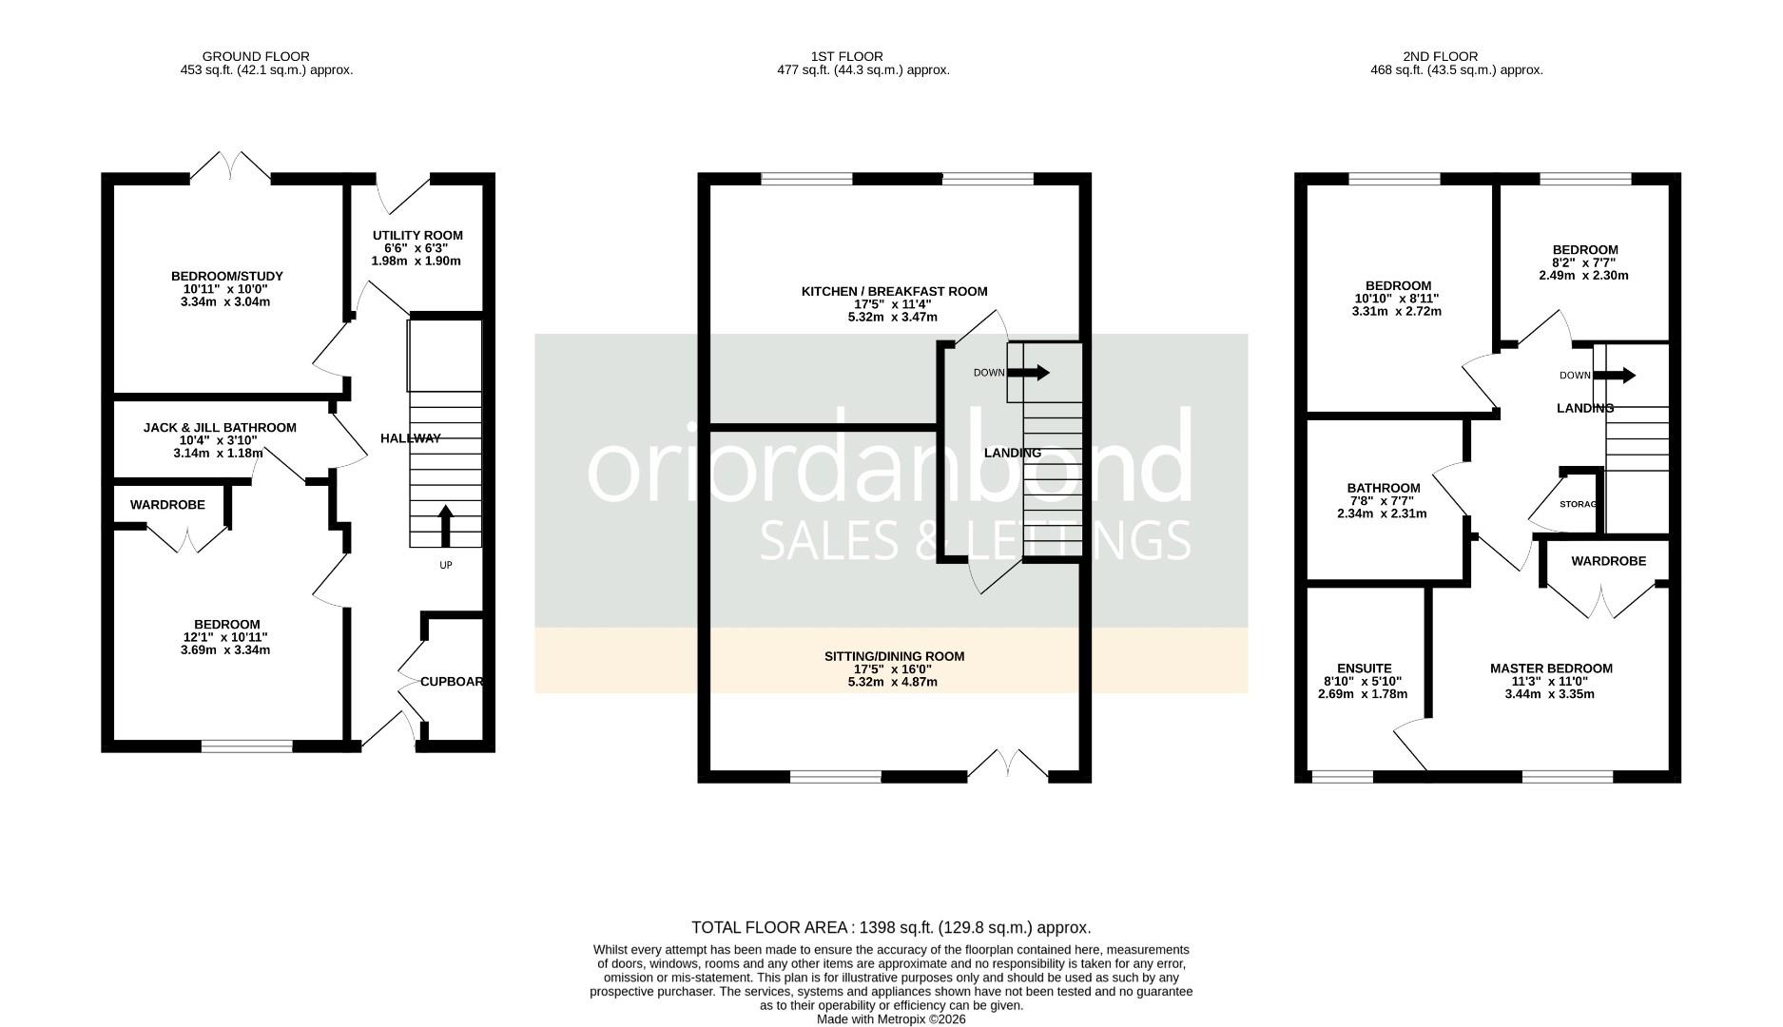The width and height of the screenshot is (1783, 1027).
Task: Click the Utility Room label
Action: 417,235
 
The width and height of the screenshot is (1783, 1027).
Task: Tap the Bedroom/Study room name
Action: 227,276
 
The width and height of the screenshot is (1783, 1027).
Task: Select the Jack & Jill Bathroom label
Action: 220,428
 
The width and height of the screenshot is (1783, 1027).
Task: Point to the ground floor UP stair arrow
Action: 445,526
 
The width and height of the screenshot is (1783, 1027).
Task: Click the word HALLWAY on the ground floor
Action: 411,438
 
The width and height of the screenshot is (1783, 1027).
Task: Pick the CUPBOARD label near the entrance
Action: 452,682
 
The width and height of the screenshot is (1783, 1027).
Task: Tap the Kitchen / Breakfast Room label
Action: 894,291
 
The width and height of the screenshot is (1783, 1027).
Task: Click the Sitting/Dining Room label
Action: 894,656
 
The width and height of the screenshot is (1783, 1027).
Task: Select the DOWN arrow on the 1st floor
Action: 1029,373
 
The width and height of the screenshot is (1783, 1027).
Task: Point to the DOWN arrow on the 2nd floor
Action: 1615,376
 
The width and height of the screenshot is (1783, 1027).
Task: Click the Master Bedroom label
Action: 1551,669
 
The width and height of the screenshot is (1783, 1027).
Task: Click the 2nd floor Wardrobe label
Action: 1608,561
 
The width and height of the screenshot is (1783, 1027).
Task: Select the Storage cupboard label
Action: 1579,504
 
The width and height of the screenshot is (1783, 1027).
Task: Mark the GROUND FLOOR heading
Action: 256,56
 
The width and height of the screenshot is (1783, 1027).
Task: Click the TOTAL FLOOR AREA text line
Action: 891,927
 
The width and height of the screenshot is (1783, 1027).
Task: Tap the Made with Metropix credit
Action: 891,1018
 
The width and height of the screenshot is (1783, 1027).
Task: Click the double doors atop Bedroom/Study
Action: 230,167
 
